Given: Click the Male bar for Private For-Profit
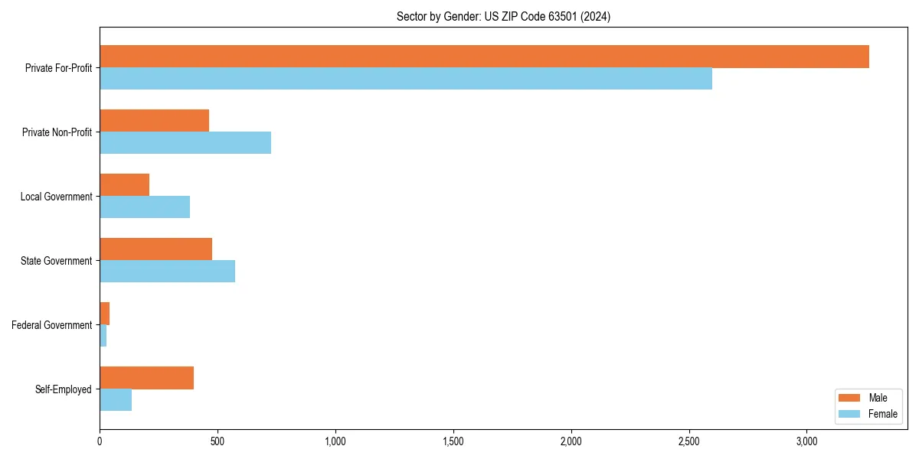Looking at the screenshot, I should point(484,57).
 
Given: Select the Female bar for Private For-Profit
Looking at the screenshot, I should point(406,79).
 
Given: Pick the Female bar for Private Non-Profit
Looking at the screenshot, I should point(185,143).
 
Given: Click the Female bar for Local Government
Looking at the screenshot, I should point(145,207).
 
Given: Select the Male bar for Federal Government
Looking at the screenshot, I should point(105,314).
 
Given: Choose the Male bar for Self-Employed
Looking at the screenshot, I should point(146,378).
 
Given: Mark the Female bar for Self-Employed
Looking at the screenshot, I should point(116,400).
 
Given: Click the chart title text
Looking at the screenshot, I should point(503,16).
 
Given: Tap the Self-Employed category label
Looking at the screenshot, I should point(64,389).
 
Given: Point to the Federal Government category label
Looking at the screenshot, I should point(52,325).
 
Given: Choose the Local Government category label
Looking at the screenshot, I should point(57,197).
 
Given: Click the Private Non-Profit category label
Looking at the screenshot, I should point(57,132).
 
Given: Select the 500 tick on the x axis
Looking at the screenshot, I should point(217,441).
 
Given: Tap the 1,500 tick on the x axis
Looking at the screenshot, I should point(453,441).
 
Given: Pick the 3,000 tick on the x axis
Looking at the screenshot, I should point(807,441).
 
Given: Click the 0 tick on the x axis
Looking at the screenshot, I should point(100,441).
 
